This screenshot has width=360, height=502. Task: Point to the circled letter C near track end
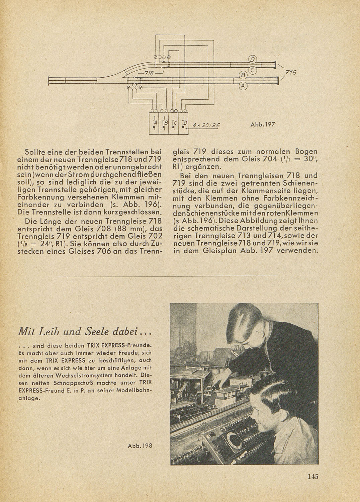253,70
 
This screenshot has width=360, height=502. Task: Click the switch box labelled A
154,123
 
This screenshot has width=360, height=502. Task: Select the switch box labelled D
184,123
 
